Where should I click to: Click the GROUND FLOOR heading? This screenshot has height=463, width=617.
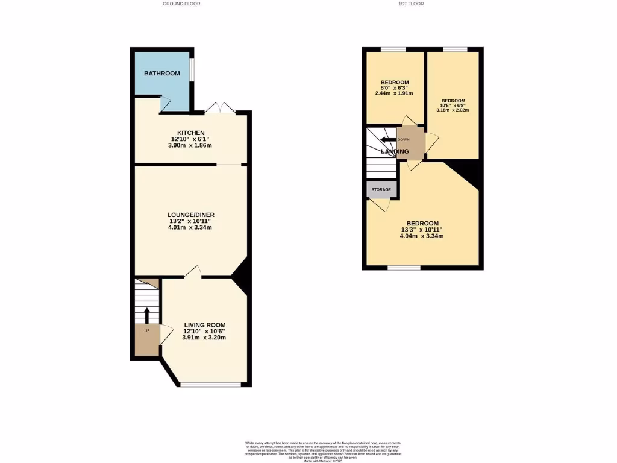point(181,4)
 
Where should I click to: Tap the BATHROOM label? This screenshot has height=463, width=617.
point(161,74)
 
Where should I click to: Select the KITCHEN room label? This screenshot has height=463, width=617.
point(190,133)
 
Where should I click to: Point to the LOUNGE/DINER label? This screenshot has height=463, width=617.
point(190,215)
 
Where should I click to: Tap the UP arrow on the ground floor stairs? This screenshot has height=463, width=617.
point(146,315)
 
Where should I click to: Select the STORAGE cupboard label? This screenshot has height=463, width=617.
point(381,190)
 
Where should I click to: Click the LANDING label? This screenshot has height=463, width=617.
point(395,151)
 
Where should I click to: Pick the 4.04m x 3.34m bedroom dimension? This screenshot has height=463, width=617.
point(422,236)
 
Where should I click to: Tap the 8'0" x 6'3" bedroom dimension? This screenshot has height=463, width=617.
point(395,88)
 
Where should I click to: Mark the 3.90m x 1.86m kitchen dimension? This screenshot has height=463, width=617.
point(190,146)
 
